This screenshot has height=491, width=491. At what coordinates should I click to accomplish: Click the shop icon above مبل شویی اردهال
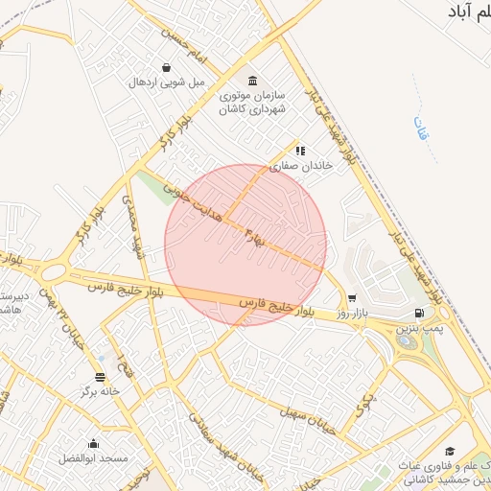tap(168, 68)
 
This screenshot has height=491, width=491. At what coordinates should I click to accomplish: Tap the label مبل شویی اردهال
tap(168, 82)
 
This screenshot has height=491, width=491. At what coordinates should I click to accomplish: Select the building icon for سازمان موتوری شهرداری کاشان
tap(252, 80)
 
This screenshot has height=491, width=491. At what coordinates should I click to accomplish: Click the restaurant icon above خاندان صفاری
tap(300, 151)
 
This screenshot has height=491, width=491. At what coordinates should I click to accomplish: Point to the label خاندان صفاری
tap(299, 165)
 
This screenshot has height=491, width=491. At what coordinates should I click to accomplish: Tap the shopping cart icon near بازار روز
tap(352, 298)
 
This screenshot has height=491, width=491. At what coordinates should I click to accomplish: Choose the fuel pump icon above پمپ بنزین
tap(419, 314)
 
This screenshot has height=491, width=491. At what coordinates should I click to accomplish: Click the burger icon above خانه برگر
tap(101, 376)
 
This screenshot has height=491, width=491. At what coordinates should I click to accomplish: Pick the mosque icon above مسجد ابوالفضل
tap(93, 443)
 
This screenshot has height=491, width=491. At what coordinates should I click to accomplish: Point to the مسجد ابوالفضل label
tap(93, 458)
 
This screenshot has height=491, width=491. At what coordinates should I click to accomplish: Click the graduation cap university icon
tap(449, 452)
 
